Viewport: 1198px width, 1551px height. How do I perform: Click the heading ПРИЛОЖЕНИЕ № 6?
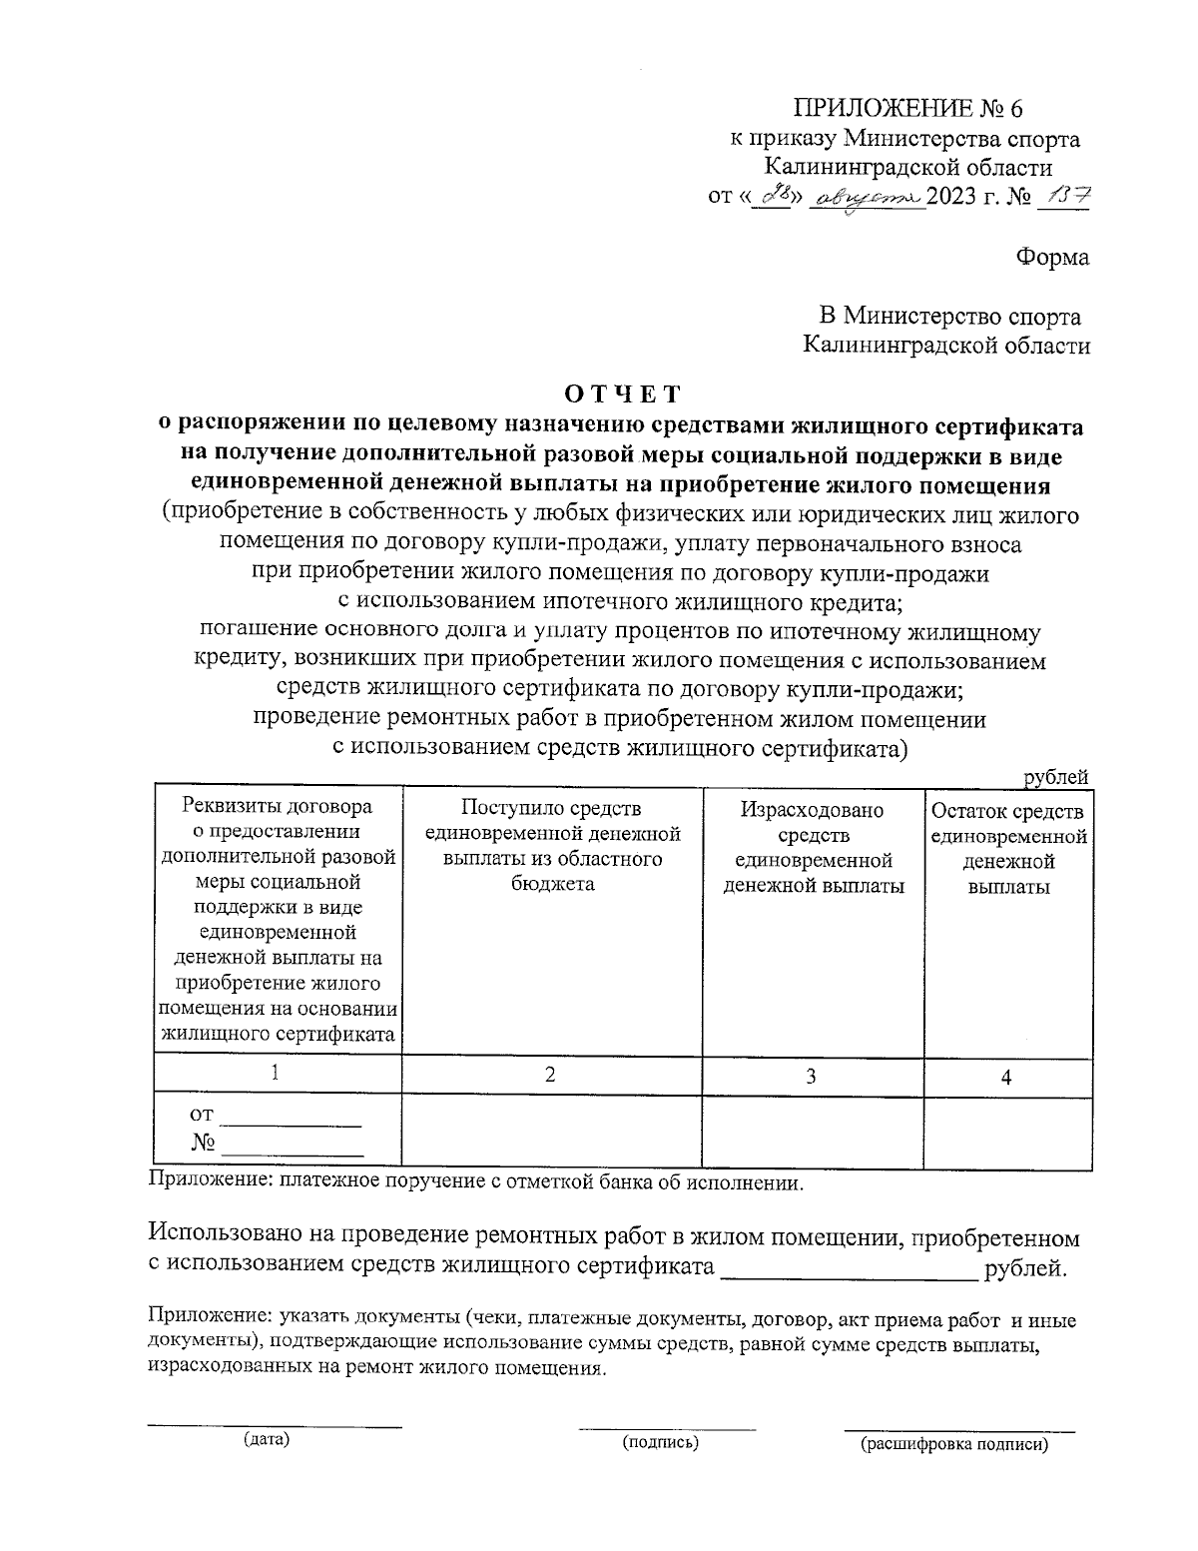[908, 109]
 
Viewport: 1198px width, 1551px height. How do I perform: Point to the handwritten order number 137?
[1064, 196]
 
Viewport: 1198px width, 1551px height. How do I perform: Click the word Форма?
[1053, 257]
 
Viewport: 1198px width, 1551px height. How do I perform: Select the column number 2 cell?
[550, 1074]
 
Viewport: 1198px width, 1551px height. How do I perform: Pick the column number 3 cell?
[812, 1076]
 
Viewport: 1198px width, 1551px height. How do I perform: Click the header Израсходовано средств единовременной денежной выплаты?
[814, 847]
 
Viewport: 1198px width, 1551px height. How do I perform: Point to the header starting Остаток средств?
[1007, 848]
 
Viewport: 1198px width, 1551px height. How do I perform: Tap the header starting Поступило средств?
[552, 846]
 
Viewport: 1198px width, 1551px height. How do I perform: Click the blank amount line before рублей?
[848, 1275]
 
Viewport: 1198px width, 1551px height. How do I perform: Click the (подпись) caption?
[660, 1442]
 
